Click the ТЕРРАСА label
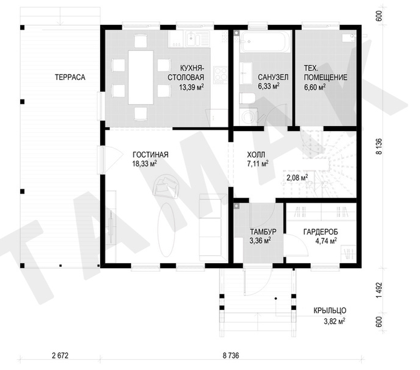tap(70, 77)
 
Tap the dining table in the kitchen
tap(141, 77)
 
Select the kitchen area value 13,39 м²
tap(191, 87)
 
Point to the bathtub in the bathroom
tap(265, 42)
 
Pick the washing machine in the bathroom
tap(248, 116)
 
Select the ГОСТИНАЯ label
tap(150, 155)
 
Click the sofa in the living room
tap(210, 227)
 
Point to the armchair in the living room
tap(166, 186)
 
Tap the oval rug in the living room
tap(166, 229)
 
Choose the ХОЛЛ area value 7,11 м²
tap(258, 163)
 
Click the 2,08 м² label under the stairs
tap(297, 178)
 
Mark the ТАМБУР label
tap(263, 232)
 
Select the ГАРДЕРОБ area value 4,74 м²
tap(326, 241)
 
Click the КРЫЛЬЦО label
tap(330, 311)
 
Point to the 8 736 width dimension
tap(231, 355)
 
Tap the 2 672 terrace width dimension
tap(60, 355)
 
